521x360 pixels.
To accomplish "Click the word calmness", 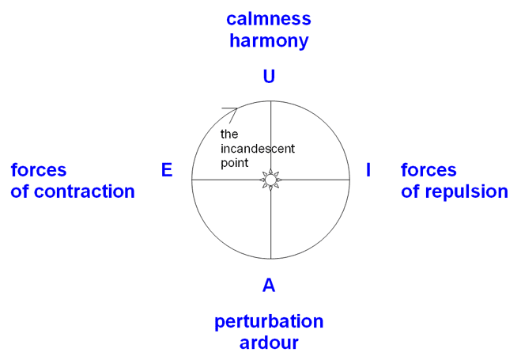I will (268, 19).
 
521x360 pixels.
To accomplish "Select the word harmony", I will (268, 40).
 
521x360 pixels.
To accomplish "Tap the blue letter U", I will (269, 77).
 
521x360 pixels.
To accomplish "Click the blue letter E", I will (167, 170).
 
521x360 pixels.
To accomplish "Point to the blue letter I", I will (368, 170).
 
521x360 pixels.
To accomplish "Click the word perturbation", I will (269, 322).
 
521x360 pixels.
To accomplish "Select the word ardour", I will (269, 343).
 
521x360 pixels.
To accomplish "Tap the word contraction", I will (86, 191).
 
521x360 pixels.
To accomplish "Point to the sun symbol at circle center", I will (270, 180).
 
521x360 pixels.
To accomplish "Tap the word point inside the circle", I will (234, 162).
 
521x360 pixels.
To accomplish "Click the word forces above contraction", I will (39, 170).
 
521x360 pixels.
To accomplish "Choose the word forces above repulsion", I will (429, 170).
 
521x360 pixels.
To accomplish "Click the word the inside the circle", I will (229, 135).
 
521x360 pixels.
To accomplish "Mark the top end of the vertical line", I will (270, 101).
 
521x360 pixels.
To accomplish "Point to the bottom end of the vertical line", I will (270, 259).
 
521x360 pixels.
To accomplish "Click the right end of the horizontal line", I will (349, 180).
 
